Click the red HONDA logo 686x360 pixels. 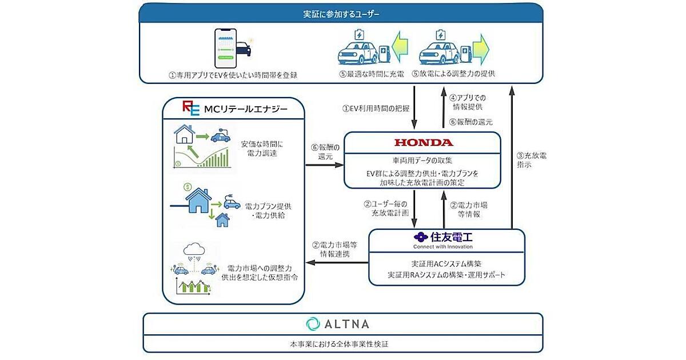point(423,142)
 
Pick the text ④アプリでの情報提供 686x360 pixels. point(470,101)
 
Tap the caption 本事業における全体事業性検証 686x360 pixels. point(342,345)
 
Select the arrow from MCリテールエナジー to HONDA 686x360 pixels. point(324,166)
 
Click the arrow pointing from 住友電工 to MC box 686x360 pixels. point(337,262)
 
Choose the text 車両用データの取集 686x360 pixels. point(422,160)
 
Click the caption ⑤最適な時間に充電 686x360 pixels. point(364,74)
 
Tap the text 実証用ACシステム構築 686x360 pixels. point(446,264)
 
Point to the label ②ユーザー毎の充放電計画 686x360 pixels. point(387,209)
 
